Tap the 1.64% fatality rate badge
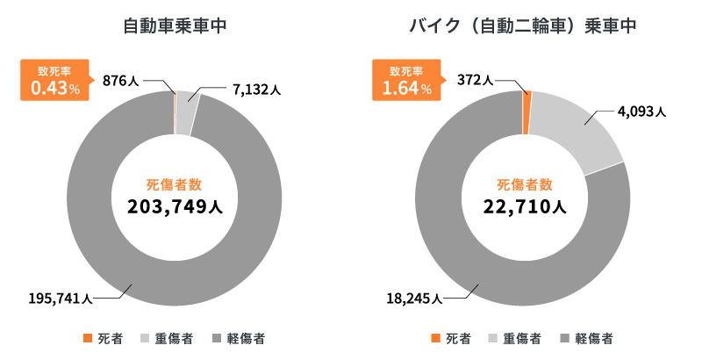(x=405, y=81)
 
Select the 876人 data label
(x=120, y=81)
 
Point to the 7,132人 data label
(x=255, y=89)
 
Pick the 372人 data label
(x=476, y=81)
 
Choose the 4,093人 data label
(x=642, y=112)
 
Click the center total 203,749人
(x=174, y=207)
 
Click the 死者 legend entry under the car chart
(x=104, y=338)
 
